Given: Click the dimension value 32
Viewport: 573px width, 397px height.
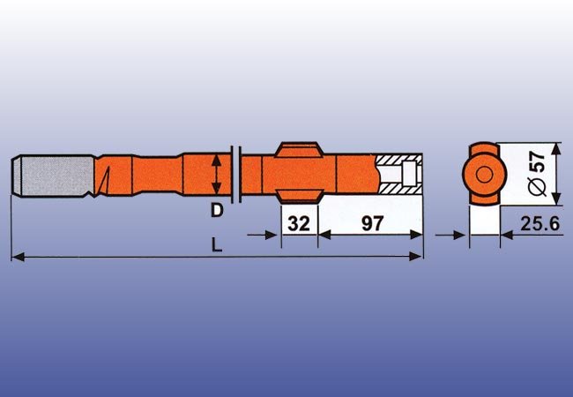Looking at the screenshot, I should (x=300, y=223).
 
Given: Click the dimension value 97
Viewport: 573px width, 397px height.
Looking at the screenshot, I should (x=372, y=223).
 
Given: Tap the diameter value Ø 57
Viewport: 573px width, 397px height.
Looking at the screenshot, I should (x=535, y=173).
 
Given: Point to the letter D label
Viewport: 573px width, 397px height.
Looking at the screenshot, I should (x=215, y=212).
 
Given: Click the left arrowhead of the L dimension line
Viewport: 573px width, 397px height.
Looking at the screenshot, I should (x=16, y=257).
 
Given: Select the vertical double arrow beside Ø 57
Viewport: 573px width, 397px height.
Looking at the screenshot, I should (x=555, y=172).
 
